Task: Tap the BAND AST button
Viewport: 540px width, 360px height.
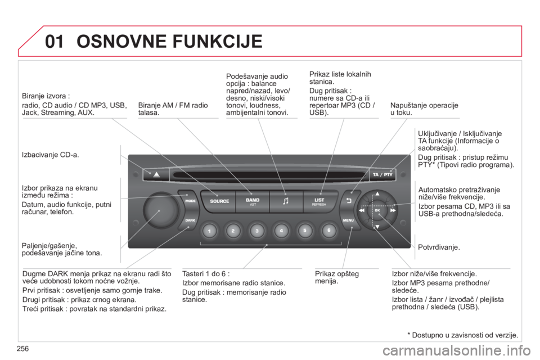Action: pyautogui.click(x=253, y=201)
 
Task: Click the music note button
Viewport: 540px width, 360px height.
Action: pyautogui.click(x=286, y=201)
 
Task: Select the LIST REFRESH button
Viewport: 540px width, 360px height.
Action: pyautogui.click(x=319, y=201)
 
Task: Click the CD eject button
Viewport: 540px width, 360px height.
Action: pyautogui.click(x=156, y=174)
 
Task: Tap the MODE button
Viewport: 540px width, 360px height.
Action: pyautogui.click(x=189, y=200)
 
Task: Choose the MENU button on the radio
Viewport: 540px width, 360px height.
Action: pyautogui.click(x=349, y=220)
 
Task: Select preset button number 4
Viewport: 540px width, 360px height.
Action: pyautogui.click(x=281, y=231)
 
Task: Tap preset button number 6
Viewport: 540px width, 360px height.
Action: pyautogui.click(x=328, y=231)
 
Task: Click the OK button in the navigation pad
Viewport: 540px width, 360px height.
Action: pyautogui.click(x=377, y=210)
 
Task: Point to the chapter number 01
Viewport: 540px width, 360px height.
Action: pyautogui.click(x=55, y=41)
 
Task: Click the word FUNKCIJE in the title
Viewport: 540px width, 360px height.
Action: pyautogui.click(x=217, y=41)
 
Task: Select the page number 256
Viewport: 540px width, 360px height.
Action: pyautogui.click(x=22, y=349)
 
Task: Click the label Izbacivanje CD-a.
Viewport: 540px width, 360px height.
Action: pyautogui.click(x=50, y=155)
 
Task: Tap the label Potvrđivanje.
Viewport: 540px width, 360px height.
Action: pyautogui.click(x=439, y=247)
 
